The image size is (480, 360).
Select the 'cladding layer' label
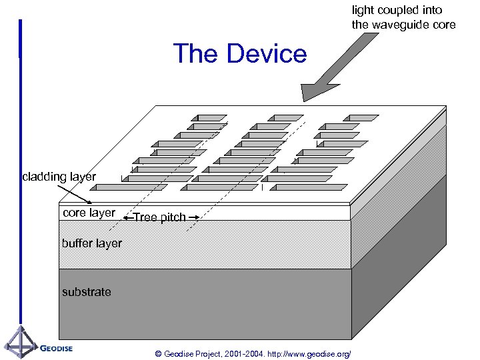pos(59,177)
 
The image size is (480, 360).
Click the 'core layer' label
pos(89,213)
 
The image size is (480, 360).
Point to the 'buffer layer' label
pos(92,243)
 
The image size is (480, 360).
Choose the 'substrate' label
pos(87,292)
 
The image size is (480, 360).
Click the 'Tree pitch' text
pos(160,217)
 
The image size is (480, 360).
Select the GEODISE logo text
pos(56,347)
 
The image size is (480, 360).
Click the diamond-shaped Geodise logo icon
pos(21,343)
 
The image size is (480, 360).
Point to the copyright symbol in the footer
pos(157,353)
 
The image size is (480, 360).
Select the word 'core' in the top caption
pos(443,25)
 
